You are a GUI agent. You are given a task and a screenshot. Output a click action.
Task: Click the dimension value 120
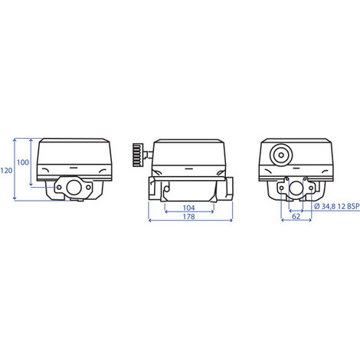[6, 170]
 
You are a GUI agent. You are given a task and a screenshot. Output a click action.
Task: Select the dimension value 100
[23, 162]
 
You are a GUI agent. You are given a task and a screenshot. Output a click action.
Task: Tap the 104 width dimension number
[189, 208]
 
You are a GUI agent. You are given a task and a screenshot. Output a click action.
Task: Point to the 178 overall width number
[189, 217]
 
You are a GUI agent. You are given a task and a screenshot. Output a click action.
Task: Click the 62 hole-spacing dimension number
[296, 217]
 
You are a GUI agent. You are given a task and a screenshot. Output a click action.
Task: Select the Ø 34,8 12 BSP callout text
[337, 206]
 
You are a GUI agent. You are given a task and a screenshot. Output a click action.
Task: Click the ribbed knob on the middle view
[139, 155]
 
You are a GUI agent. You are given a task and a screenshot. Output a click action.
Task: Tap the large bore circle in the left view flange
[74, 188]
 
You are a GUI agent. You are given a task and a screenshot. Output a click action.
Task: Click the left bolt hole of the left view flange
[59, 188]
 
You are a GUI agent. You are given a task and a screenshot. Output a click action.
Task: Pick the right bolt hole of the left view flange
[88, 188]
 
